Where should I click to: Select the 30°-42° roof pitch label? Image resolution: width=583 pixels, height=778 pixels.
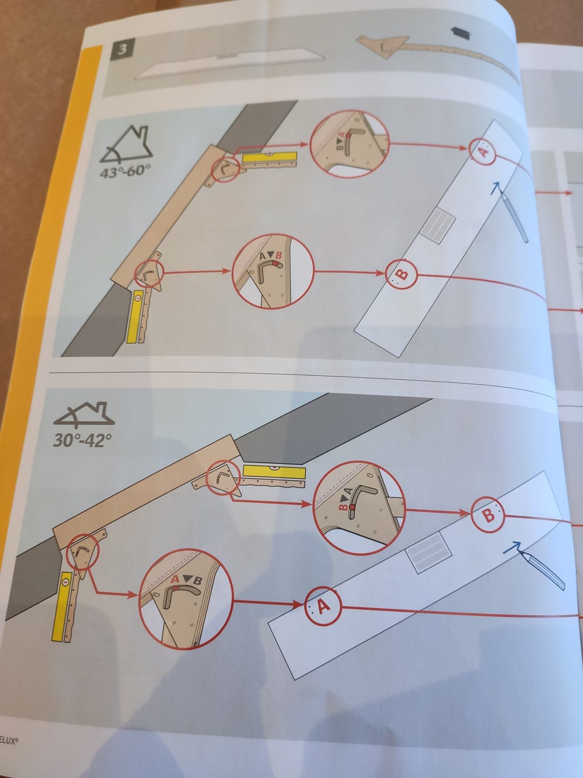pos(83,440)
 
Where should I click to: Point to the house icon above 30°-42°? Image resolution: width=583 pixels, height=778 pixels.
pos(84,415)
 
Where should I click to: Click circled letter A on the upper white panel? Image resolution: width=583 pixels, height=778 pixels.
pos(483,151)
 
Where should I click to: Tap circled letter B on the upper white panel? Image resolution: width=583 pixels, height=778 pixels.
pos(401,274)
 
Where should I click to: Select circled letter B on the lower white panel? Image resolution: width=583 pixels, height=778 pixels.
pos(488,514)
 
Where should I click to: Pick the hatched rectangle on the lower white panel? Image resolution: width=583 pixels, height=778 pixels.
pos(429,553)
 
